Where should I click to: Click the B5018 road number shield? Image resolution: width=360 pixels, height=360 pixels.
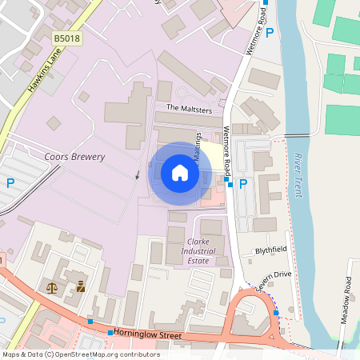[67, 38]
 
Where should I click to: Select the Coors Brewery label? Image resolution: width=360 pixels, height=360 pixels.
[75, 157]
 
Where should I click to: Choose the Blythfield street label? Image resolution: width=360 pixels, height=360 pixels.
[270, 250]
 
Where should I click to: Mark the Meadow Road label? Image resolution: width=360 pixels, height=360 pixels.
[348, 295]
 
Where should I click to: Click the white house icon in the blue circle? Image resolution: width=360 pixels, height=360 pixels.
[180, 173]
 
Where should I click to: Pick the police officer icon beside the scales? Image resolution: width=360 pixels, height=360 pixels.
[80, 286]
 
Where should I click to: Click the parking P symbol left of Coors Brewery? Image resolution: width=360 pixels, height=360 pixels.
[10, 182]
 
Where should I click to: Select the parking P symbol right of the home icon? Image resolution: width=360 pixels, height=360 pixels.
[243, 184]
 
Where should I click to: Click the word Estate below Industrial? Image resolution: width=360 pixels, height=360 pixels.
[198, 261]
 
